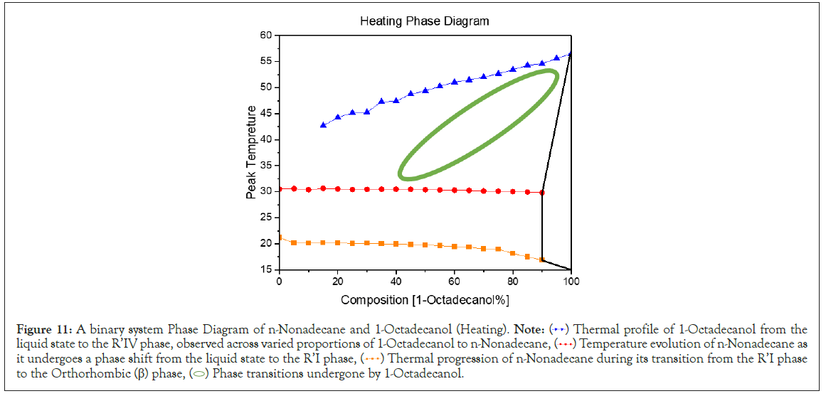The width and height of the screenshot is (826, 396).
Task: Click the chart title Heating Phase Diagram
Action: pyautogui.click(x=424, y=21)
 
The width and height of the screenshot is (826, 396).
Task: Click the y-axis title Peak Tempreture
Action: pyautogui.click(x=251, y=152)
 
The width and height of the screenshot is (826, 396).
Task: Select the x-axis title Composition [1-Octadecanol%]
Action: pyautogui.click(x=425, y=299)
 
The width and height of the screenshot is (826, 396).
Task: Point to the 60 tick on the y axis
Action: pyautogui.click(x=266, y=35)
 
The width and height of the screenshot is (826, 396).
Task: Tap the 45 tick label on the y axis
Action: pyautogui.click(x=266, y=114)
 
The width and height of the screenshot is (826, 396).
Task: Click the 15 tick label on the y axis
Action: pyautogui.click(x=266, y=269)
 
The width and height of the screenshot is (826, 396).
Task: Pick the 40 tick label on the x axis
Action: pyautogui.click(x=396, y=282)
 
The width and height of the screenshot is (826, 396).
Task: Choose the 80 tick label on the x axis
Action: pyautogui.click(x=513, y=282)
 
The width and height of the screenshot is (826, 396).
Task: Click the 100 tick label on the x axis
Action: pyautogui.click(x=571, y=282)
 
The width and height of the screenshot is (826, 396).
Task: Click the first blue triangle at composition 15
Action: pyautogui.click(x=324, y=124)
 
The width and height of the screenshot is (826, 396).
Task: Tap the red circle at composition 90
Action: pyautogui.click(x=542, y=193)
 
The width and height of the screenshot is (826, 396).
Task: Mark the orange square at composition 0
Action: pyautogui.click(x=280, y=237)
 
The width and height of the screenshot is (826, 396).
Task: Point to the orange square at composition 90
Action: pyautogui.click(x=542, y=259)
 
